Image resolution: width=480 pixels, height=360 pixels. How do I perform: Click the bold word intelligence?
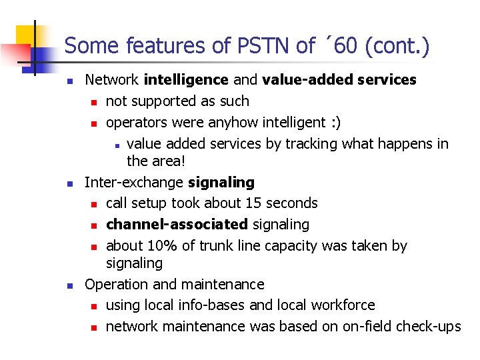pos(186,80)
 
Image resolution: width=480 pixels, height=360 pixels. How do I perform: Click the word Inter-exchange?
pos(134,182)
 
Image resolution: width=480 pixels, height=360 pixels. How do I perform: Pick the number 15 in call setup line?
pos(261,203)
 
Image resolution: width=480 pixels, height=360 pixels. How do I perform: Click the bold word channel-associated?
pos(177,225)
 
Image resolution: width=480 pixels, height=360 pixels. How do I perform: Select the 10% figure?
pos(163,246)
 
